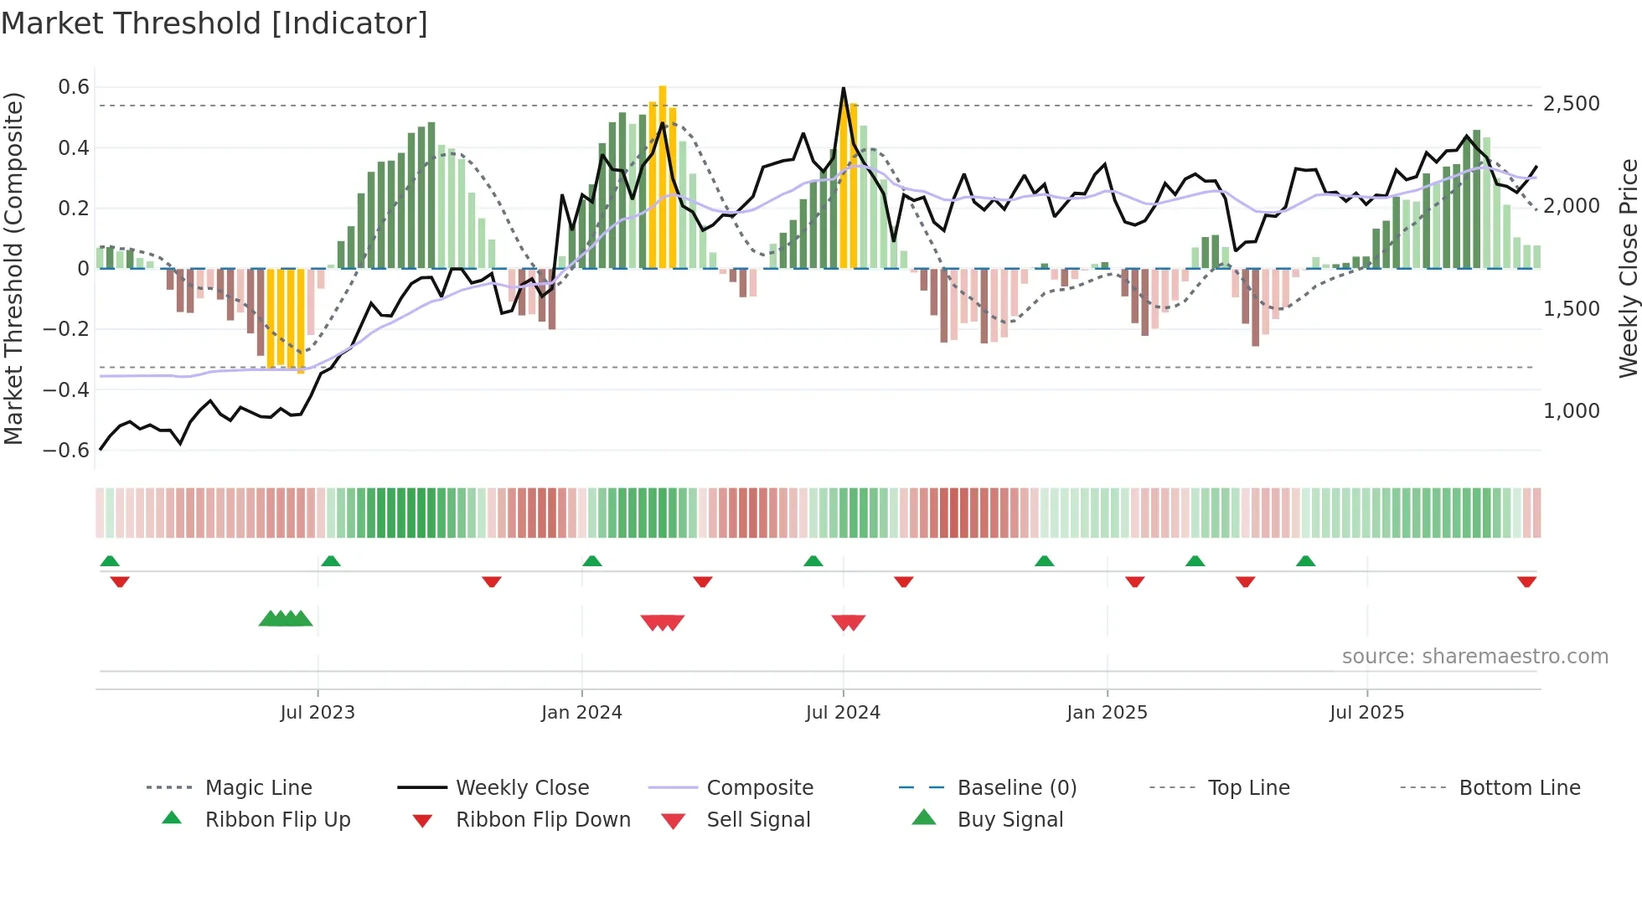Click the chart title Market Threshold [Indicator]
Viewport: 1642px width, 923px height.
(x=214, y=23)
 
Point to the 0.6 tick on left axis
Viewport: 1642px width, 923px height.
(x=74, y=87)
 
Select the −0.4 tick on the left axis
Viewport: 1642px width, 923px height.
(x=67, y=389)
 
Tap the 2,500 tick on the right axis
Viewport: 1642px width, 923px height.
(x=1571, y=104)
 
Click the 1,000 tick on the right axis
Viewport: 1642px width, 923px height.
(x=1571, y=411)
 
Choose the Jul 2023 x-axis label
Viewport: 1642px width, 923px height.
(x=318, y=713)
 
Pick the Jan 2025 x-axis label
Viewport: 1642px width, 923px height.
(x=1107, y=713)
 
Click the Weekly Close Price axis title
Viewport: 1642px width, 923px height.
(x=1628, y=268)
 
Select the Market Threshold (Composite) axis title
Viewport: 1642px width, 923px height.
(x=13, y=268)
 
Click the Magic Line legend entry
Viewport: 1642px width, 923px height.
(x=258, y=788)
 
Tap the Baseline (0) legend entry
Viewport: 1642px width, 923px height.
(x=1016, y=788)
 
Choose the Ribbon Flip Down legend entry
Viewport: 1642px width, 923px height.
(x=542, y=820)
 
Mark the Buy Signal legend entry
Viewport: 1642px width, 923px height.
(x=1009, y=820)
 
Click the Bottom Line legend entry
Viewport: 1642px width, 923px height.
(x=1519, y=788)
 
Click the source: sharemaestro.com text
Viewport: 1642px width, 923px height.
(x=1474, y=657)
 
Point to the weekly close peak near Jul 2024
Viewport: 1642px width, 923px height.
(x=843, y=88)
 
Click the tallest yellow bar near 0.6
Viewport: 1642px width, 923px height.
(x=663, y=176)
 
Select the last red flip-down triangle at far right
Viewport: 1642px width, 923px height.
(x=1526, y=581)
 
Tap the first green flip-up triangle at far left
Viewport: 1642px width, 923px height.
(x=110, y=561)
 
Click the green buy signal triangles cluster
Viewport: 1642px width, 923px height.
(x=286, y=619)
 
